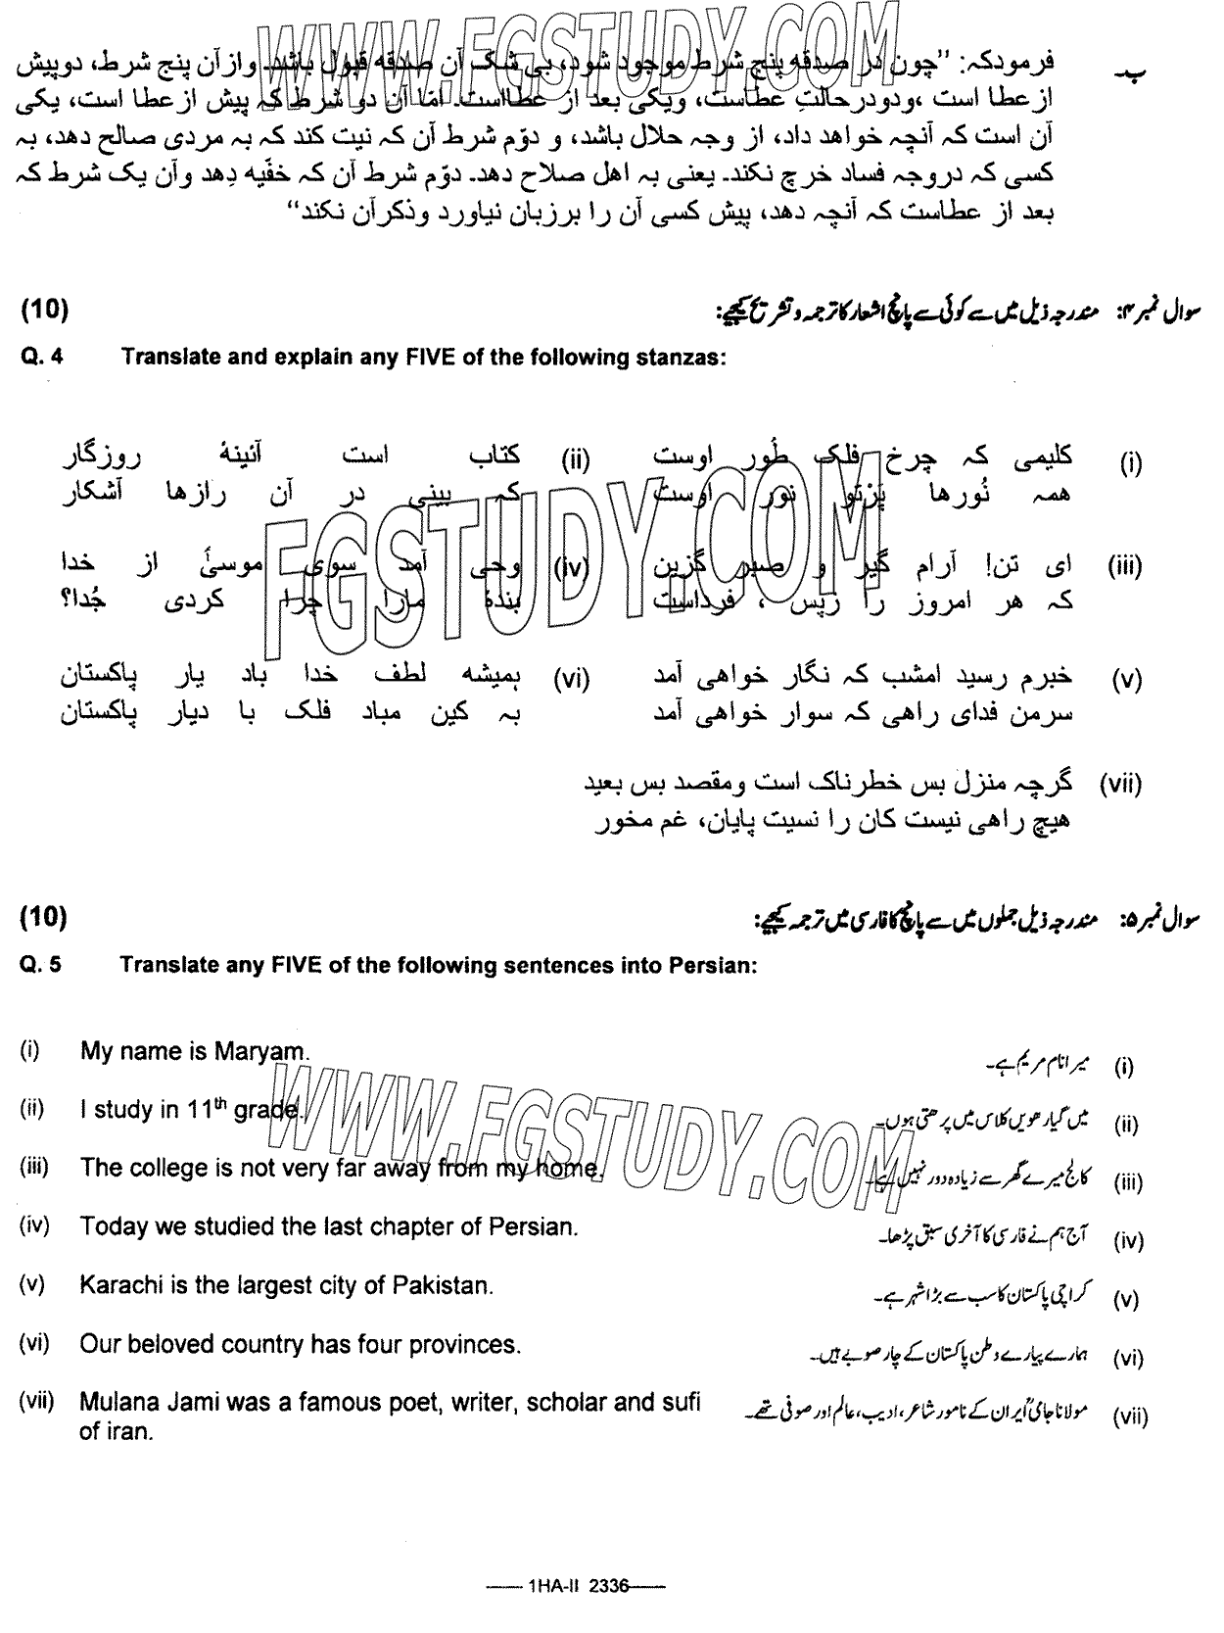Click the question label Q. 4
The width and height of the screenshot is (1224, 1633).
click(x=41, y=357)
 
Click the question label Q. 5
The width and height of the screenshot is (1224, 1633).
click(x=41, y=964)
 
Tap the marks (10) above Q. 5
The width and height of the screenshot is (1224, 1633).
click(x=44, y=918)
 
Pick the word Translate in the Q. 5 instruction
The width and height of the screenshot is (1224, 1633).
click(x=169, y=964)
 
